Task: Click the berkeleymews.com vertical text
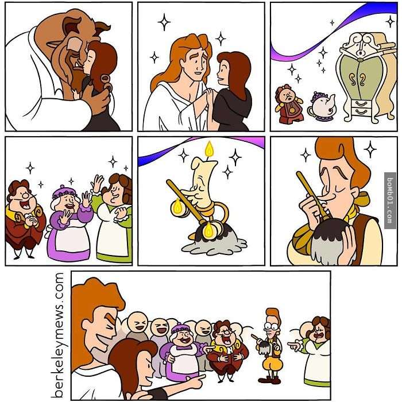tap(57, 335)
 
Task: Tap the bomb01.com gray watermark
tap(390, 200)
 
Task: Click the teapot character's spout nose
tap(331, 100)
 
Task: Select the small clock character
tap(289, 105)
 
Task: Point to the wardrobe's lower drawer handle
tap(361, 112)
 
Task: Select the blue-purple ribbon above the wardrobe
tap(333, 31)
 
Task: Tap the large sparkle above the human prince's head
tap(164, 22)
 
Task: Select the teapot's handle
tap(311, 111)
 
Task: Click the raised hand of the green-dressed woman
tap(97, 183)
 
